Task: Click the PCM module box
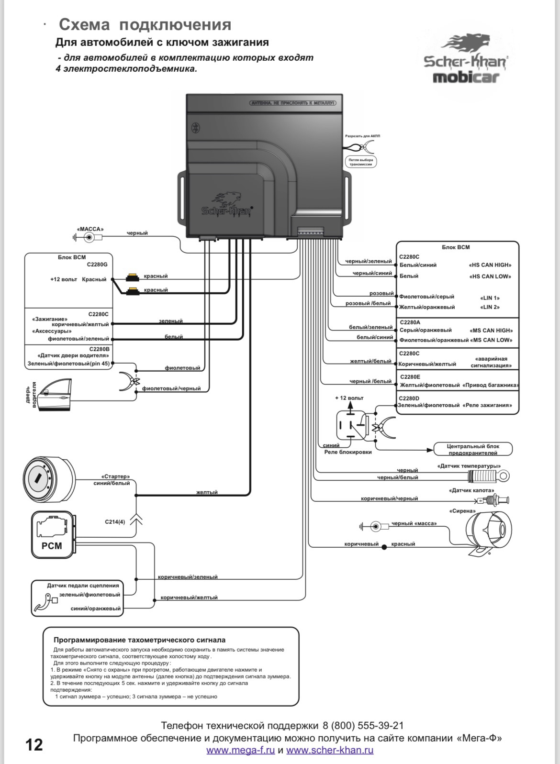pyautogui.click(x=52, y=534)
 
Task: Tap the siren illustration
pyautogui.click(x=488, y=531)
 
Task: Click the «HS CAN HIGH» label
pyautogui.click(x=490, y=265)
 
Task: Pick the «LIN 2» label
pyautogui.click(x=490, y=307)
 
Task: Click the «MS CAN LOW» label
pyautogui.click(x=492, y=340)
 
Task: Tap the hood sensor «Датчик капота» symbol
pyautogui.click(x=492, y=501)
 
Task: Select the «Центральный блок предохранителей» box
pyautogui.click(x=473, y=449)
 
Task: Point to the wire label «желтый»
pyautogui.click(x=207, y=492)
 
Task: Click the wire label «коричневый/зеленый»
pyautogui.click(x=188, y=577)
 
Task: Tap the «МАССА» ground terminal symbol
pyautogui.click(x=88, y=237)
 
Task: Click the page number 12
pyautogui.click(x=34, y=745)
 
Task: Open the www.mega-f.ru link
pyautogui.click(x=240, y=750)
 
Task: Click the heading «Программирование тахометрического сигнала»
pyautogui.click(x=139, y=640)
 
